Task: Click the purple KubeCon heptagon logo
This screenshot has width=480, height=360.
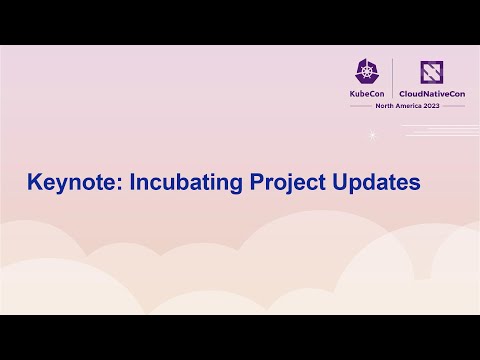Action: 366,71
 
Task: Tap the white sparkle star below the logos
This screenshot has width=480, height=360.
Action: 372,134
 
